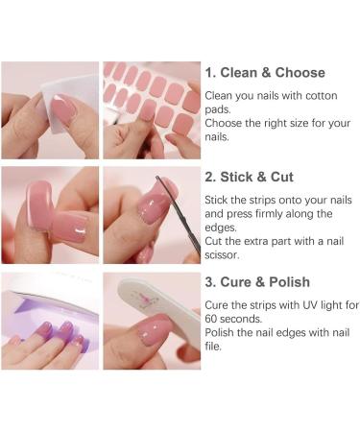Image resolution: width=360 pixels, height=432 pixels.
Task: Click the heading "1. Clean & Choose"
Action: pos(264,73)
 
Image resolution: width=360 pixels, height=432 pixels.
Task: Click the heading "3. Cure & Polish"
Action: pos(256,282)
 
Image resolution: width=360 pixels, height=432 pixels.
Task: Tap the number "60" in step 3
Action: pos(213,319)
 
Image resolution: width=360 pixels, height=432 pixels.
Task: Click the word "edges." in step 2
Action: pos(226,228)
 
